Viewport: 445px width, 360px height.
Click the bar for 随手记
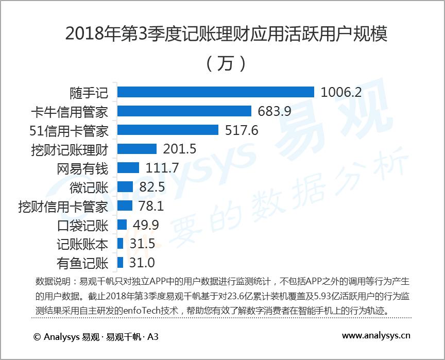pyautogui.click(x=215, y=92)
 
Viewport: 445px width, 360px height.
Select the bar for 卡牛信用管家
pyautogui.click(x=184, y=111)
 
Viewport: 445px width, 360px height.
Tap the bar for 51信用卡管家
pyautogui.click(x=167, y=130)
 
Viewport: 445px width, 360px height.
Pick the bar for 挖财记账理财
pyautogui.click(x=136, y=149)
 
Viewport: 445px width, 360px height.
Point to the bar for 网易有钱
pyautogui.click(x=128, y=168)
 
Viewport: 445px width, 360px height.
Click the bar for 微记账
pyautogui.click(x=125, y=186)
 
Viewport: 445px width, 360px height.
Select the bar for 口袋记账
pyautogui.click(x=122, y=225)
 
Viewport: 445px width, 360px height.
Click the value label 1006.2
pyautogui.click(x=341, y=92)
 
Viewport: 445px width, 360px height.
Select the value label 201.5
pyautogui.click(x=180, y=149)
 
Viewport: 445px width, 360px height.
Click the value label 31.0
pyautogui.click(x=142, y=263)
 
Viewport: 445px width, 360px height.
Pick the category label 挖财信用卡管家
pyautogui.click(x=63, y=206)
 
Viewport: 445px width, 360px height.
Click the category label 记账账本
pyautogui.click(x=82, y=244)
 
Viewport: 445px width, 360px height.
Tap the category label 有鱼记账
pyautogui.click(x=82, y=263)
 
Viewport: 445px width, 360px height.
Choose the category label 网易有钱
pyautogui.click(x=82, y=168)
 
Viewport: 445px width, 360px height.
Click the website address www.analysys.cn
pyautogui.click(x=376, y=336)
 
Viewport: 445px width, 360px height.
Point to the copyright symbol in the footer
pyautogui.click(x=37, y=337)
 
